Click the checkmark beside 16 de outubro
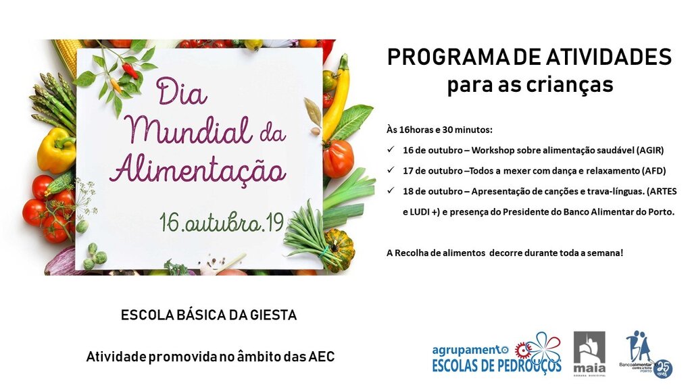coord(389,151)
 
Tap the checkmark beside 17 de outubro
coord(389,171)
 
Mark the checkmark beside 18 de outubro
coord(389,191)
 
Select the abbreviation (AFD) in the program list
coord(652,171)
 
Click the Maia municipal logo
coord(589,352)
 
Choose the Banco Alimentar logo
coord(644,353)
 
